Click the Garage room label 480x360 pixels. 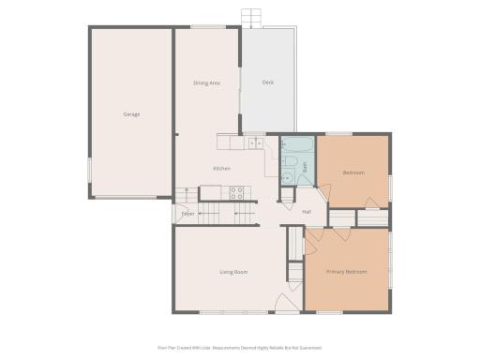[x=131, y=114]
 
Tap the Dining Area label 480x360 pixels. [x=206, y=83]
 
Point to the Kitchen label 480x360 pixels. [x=221, y=169]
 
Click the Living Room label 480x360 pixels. [x=233, y=272]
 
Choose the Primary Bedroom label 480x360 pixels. [x=346, y=272]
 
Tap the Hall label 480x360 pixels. [x=307, y=212]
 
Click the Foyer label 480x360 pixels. [x=188, y=215]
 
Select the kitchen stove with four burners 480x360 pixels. [x=237, y=193]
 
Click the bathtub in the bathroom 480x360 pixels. [x=298, y=145]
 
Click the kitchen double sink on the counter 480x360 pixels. [x=254, y=142]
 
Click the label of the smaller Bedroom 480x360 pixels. [x=352, y=172]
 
